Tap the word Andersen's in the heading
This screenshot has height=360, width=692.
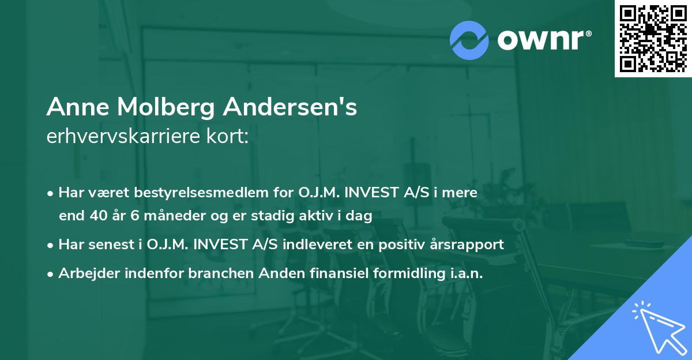291,107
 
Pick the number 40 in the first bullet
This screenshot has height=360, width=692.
96,216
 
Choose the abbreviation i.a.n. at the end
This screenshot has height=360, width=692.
464,273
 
